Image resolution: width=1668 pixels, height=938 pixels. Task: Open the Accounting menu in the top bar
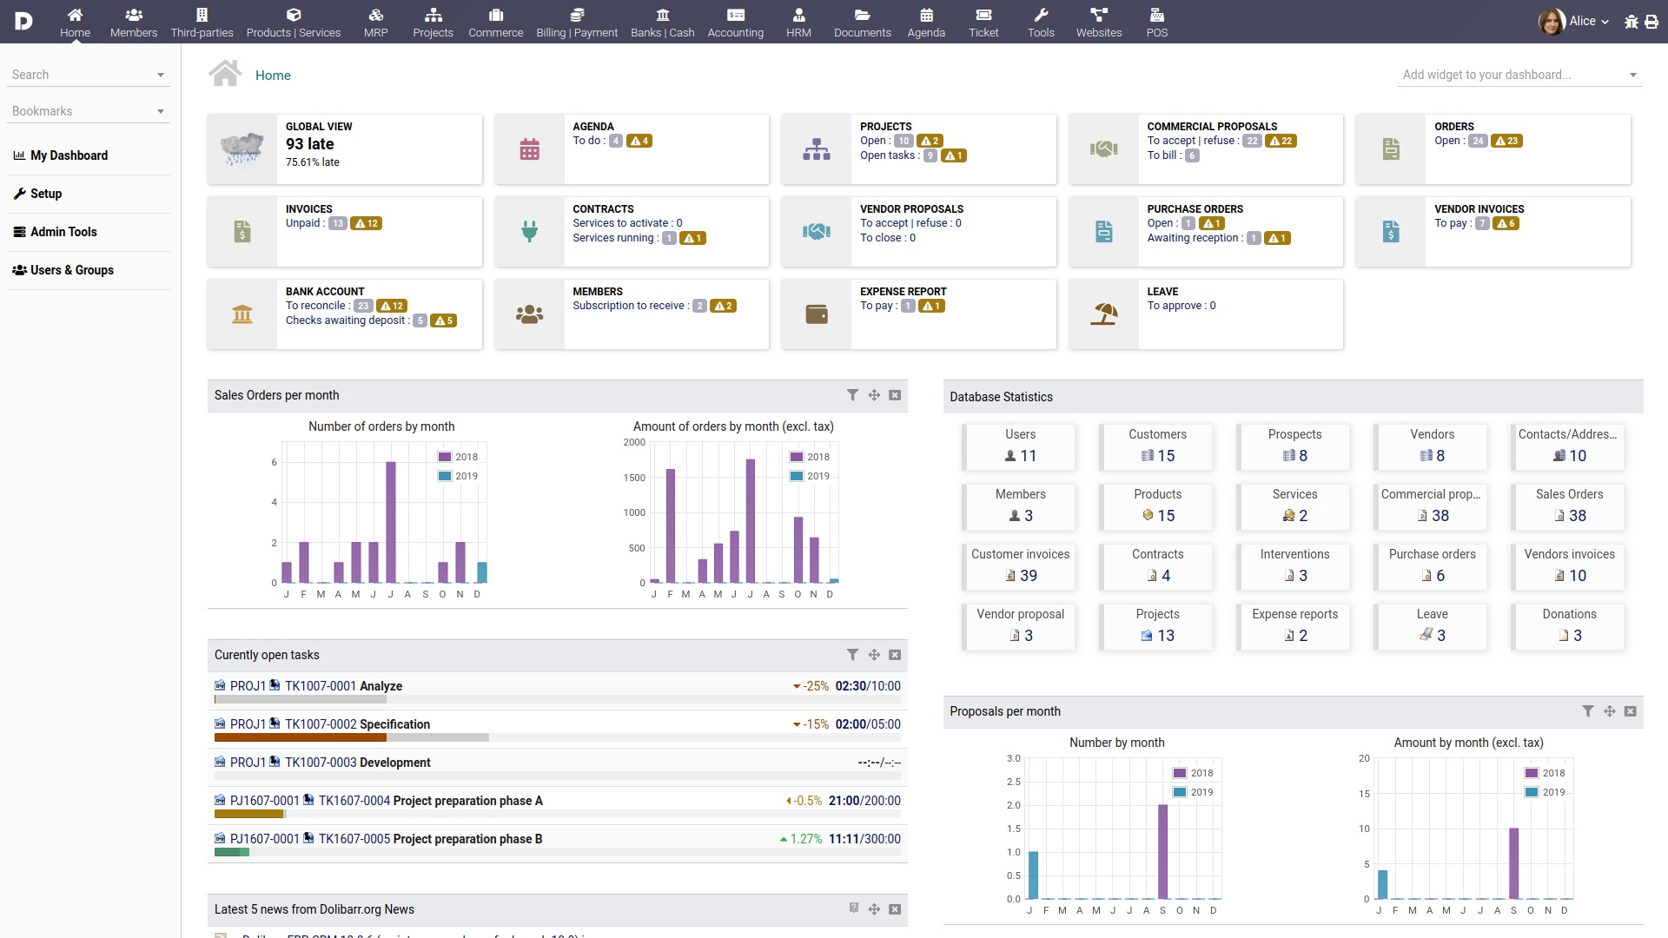point(735,23)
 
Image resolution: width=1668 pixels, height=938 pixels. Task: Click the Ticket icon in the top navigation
point(983,15)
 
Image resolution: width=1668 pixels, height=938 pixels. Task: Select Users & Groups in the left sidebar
point(71,270)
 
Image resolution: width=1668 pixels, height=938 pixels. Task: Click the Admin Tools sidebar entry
point(63,232)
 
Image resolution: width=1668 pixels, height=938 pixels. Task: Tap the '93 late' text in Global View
point(309,144)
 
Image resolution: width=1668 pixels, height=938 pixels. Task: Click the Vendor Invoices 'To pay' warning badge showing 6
point(1506,223)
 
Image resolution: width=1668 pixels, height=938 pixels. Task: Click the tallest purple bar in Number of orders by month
point(391,521)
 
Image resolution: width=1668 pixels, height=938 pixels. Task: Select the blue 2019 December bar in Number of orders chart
point(482,572)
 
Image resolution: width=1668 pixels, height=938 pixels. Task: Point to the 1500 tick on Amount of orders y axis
point(634,478)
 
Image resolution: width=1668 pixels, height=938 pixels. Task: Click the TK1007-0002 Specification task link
point(357,724)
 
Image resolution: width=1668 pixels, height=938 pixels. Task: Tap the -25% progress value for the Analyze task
point(815,686)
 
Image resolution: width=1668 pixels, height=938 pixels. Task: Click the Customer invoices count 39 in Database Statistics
point(1028,576)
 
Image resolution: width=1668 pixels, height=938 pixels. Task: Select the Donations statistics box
point(1569,625)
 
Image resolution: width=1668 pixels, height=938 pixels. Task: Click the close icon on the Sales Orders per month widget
point(895,395)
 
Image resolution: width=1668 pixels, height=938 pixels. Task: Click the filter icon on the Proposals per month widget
point(1588,711)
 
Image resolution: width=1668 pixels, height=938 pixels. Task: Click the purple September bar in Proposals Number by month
point(1162,851)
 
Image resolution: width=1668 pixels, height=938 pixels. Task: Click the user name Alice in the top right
point(1582,21)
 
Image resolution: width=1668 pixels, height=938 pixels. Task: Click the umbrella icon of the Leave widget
point(1103,314)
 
